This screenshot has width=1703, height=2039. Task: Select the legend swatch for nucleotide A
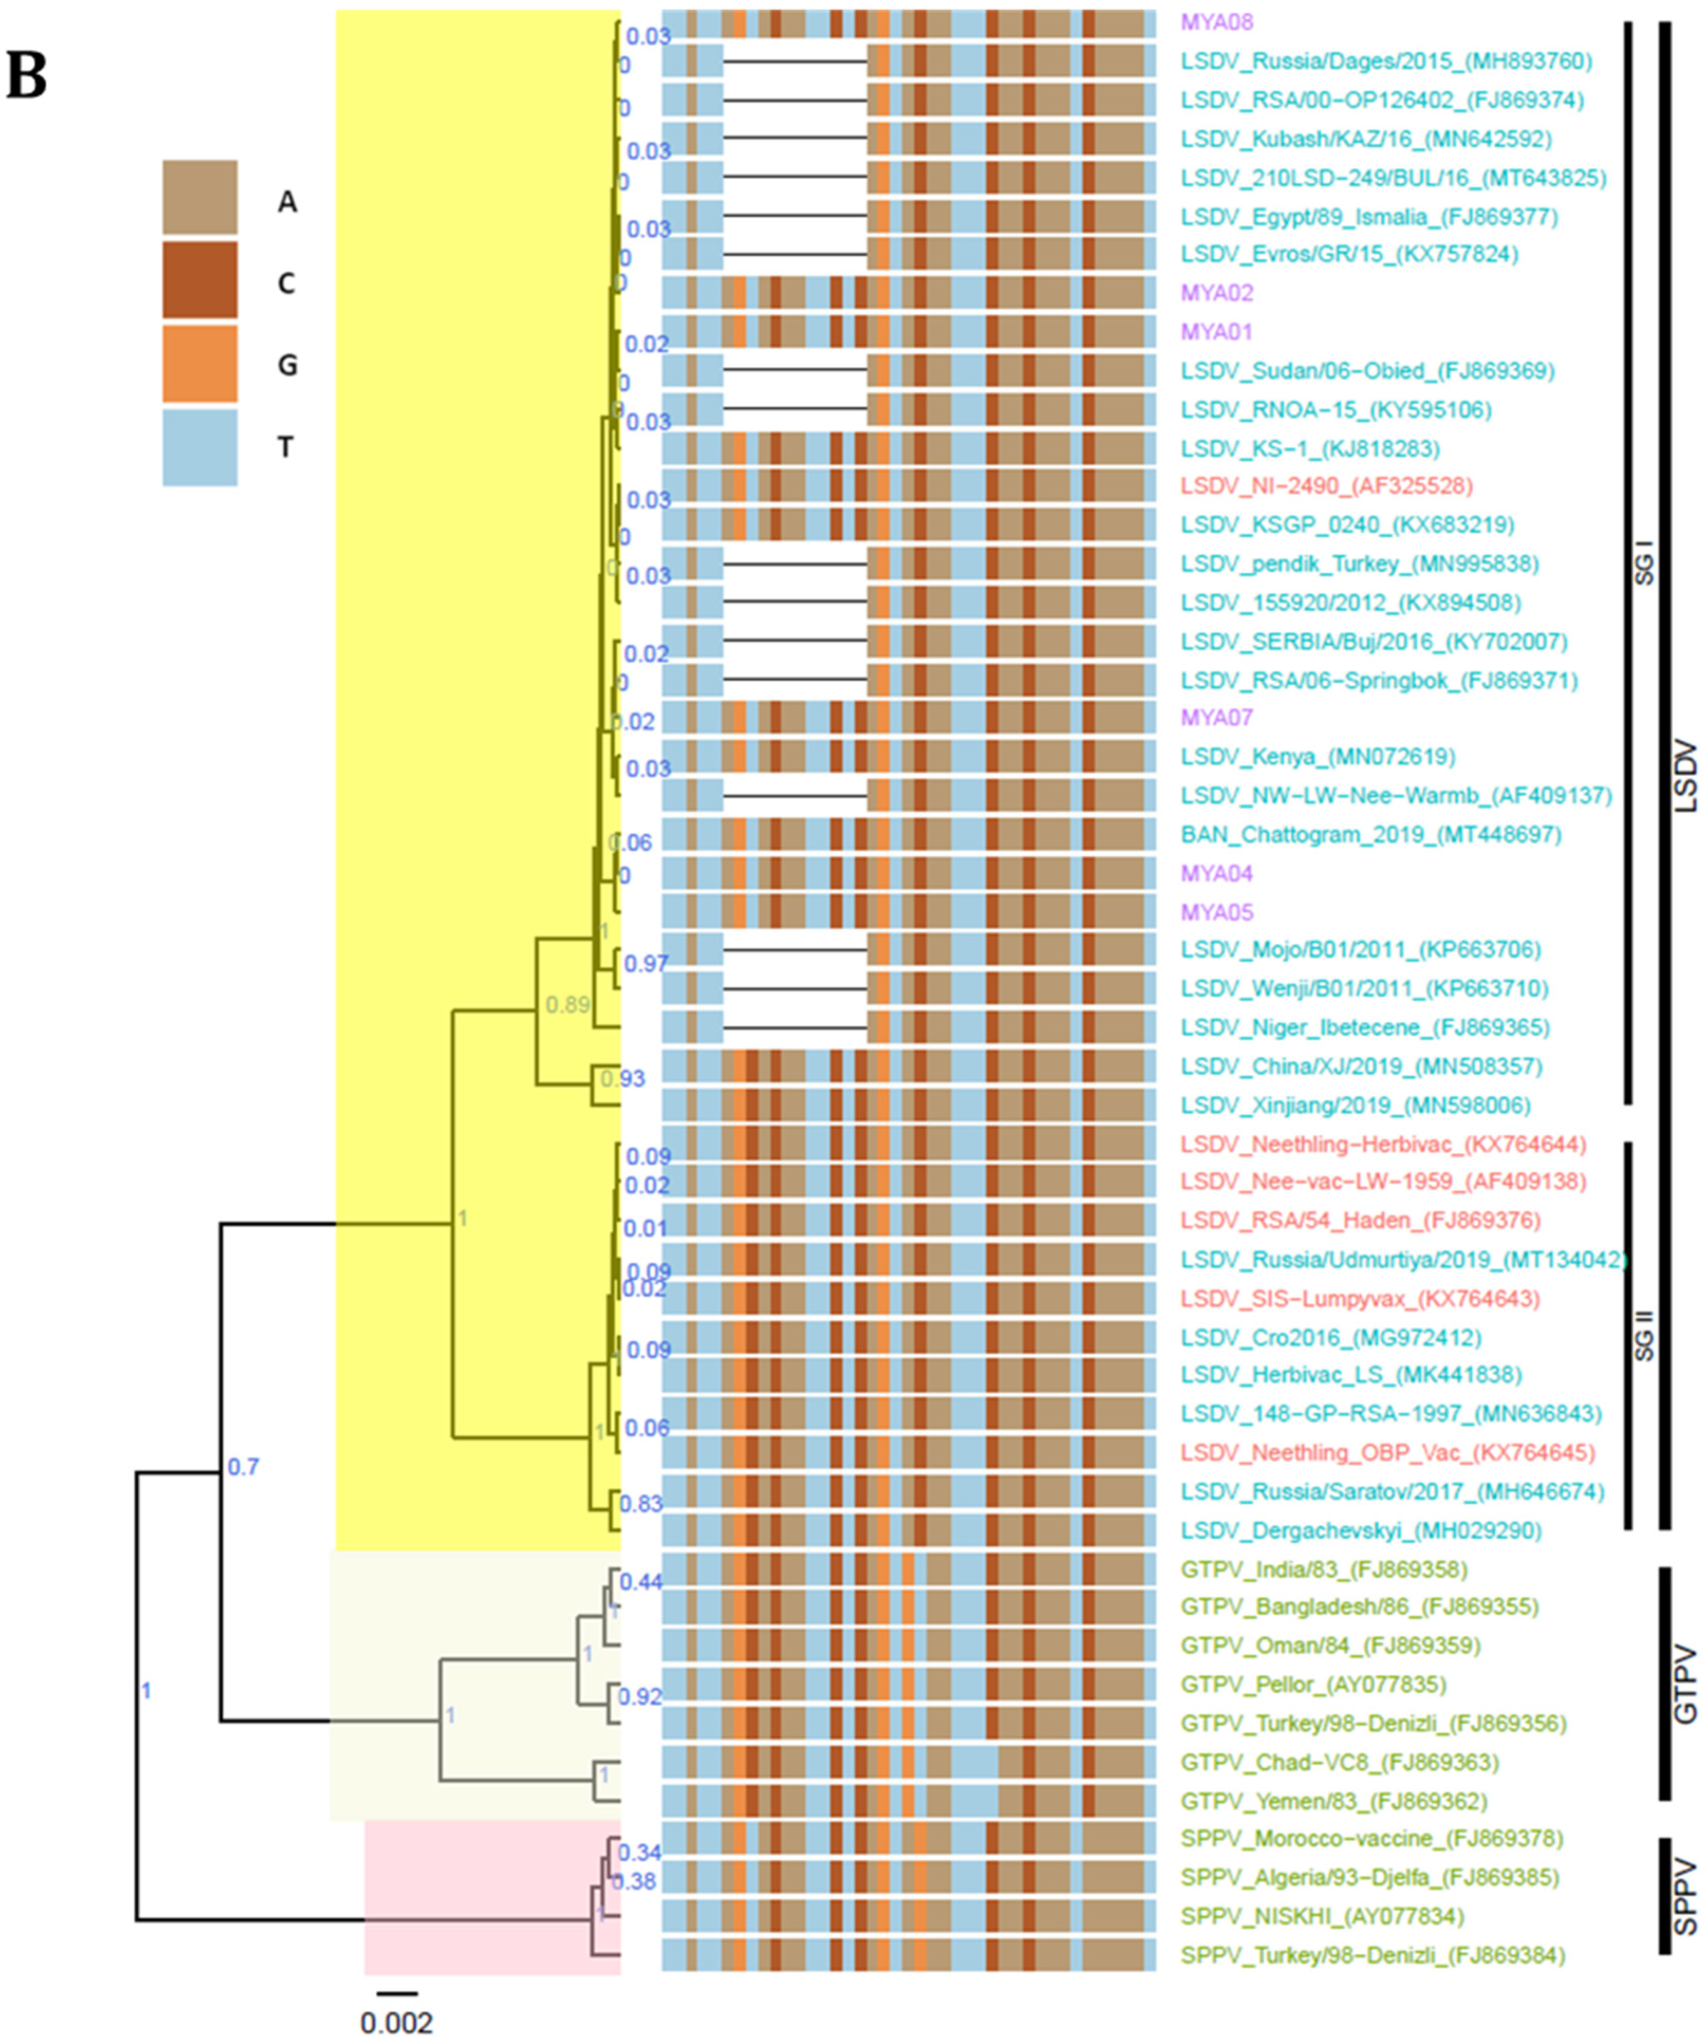click(x=200, y=198)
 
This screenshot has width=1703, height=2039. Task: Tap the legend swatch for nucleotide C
click(x=200, y=280)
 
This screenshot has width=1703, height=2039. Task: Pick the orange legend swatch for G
click(x=200, y=363)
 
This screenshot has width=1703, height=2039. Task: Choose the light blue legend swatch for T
click(x=200, y=447)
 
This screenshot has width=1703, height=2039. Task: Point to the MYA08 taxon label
click(x=1217, y=21)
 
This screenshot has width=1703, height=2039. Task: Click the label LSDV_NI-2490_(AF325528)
click(x=1326, y=486)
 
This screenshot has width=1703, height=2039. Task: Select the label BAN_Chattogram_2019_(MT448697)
click(x=1370, y=834)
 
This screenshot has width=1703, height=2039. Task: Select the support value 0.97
click(x=645, y=963)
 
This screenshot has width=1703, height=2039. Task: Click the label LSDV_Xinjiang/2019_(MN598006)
click(x=1356, y=1105)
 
